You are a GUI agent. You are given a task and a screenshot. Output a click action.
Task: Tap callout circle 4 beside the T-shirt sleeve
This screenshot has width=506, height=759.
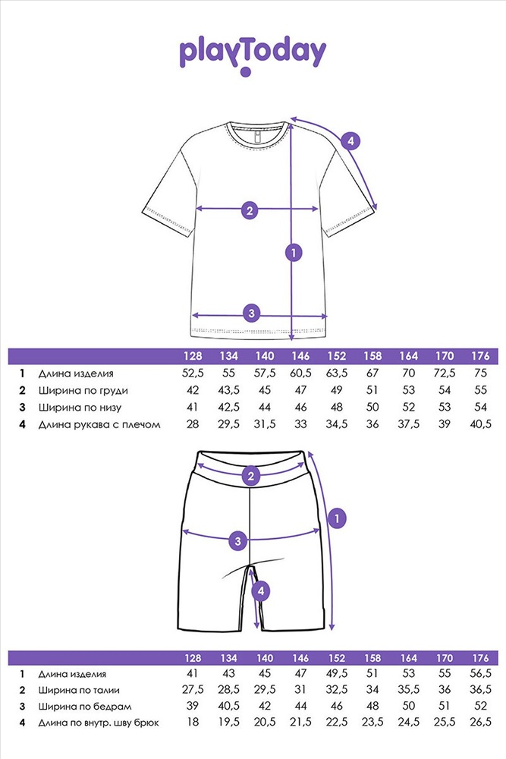click(350, 141)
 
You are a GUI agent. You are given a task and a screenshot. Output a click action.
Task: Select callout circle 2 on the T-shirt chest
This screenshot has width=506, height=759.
click(250, 210)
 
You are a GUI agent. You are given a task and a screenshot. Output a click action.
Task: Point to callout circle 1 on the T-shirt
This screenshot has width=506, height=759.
click(294, 252)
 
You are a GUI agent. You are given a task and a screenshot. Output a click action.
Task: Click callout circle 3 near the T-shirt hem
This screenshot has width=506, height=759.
click(251, 313)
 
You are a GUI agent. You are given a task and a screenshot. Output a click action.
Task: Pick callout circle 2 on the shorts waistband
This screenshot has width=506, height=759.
click(250, 476)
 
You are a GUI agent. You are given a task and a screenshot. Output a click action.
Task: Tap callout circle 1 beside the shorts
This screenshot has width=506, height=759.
click(337, 518)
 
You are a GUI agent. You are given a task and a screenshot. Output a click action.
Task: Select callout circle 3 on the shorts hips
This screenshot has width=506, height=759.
click(237, 540)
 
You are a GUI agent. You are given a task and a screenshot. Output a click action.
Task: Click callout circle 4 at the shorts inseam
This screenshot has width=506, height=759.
click(261, 591)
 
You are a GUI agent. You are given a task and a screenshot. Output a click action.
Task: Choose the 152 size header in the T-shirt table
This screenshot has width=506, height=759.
click(337, 356)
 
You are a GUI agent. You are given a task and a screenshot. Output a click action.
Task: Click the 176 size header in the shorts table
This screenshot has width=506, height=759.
click(480, 658)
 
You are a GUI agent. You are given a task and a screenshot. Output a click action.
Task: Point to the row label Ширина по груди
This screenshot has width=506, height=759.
click(83, 391)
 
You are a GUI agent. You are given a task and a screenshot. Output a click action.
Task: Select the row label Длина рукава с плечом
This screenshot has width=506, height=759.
click(99, 424)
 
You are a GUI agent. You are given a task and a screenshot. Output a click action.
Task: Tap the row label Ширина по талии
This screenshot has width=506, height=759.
click(79, 690)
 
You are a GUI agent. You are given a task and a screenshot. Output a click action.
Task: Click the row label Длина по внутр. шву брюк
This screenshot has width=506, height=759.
click(99, 723)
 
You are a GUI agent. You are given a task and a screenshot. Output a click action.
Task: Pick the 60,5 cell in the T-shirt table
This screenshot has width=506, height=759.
click(300, 373)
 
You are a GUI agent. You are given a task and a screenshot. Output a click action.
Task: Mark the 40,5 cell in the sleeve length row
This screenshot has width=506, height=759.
click(480, 424)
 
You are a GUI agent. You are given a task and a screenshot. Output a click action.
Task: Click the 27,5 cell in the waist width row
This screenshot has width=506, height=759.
click(193, 690)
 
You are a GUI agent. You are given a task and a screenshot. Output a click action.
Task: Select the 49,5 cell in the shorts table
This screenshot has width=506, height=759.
click(337, 673)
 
